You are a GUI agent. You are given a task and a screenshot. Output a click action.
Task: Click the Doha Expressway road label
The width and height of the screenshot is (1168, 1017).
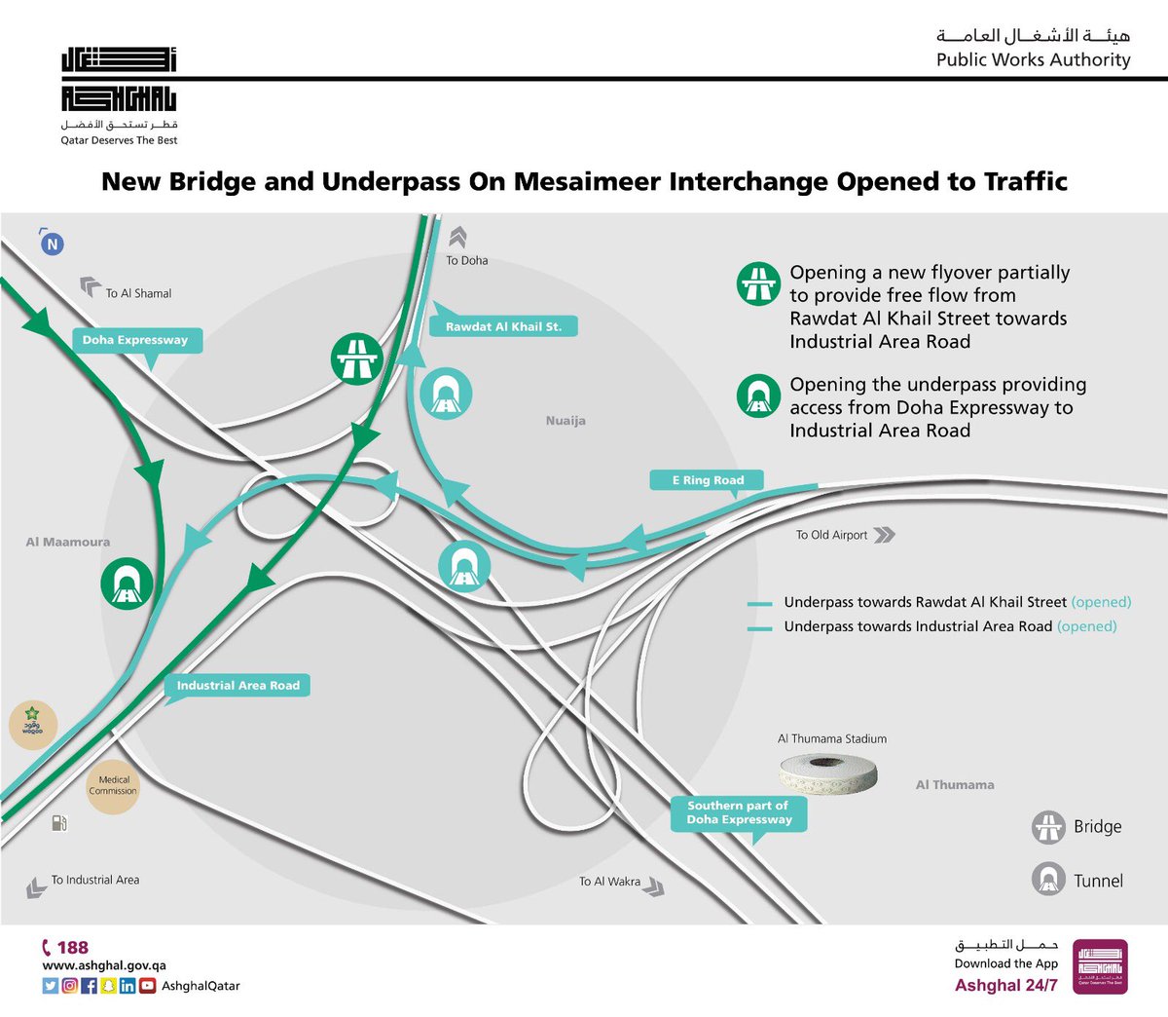(135, 340)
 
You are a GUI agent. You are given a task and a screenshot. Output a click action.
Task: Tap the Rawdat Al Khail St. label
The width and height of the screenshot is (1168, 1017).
(503, 326)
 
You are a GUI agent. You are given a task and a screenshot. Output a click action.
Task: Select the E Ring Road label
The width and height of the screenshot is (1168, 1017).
(708, 480)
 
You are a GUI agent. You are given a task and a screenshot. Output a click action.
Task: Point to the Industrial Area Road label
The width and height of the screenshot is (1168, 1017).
(237, 685)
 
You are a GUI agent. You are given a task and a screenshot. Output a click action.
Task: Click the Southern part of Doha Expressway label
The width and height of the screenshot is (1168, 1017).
(739, 812)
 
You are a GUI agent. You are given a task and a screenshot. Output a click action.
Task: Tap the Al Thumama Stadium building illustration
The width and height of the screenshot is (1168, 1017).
(829, 772)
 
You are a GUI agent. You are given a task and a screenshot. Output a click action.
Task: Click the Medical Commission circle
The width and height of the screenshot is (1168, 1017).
(114, 785)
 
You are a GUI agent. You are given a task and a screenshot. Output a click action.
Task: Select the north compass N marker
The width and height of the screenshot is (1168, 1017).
(53, 244)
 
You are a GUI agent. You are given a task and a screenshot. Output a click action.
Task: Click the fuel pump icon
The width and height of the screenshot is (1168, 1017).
(59, 823)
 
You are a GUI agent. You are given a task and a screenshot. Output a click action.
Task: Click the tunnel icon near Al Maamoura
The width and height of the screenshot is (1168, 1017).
(127, 584)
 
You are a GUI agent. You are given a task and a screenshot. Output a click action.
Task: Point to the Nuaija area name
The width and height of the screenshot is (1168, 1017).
(566, 421)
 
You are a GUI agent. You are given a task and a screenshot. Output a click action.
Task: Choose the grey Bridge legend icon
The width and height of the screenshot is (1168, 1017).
(1048, 827)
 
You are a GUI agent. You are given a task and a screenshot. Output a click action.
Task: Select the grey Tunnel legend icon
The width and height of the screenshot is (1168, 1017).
(1048, 880)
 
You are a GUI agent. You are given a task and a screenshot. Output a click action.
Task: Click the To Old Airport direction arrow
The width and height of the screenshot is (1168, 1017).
(884, 535)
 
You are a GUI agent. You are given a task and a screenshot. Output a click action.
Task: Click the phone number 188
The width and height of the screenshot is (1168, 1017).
(72, 947)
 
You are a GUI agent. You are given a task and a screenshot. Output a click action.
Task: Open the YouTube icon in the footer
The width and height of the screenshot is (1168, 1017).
(148, 986)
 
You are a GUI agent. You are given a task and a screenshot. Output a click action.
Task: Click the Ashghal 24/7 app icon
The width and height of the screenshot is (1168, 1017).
(1100, 966)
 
